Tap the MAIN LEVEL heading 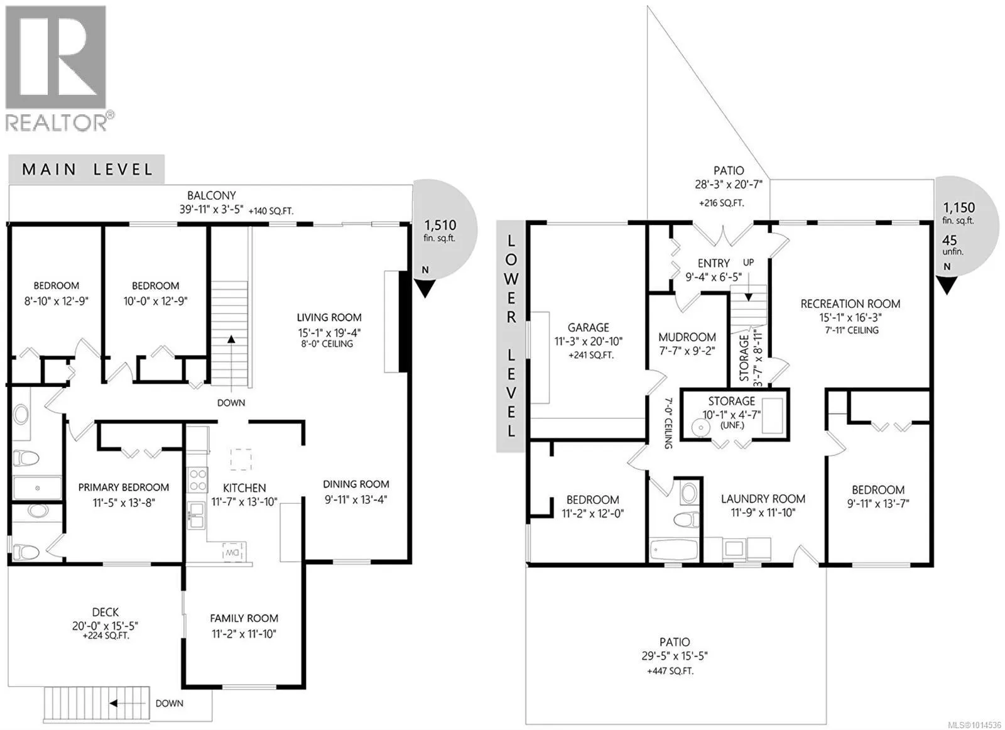pos(87,169)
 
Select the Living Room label pos(329,317)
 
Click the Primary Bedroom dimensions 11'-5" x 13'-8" pos(124,503)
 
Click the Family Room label pos(244,618)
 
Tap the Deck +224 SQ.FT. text pos(106,636)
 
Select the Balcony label pos(211,195)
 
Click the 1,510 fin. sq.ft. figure pos(440,230)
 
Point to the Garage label pos(588,327)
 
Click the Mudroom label pos(687,337)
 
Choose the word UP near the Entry pos(748,263)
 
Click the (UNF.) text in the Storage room pos(732,425)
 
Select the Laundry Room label pos(763,498)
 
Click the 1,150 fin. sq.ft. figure pos(959,213)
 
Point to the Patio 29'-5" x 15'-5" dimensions pos(675,656)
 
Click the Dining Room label pos(356,484)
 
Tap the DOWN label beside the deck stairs pos(169,703)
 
